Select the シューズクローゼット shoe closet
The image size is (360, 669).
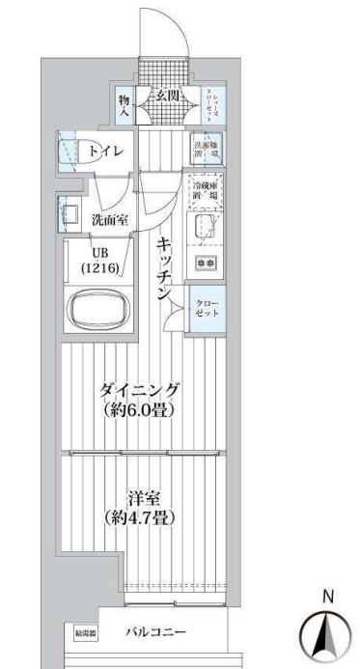pyautogui.click(x=210, y=103)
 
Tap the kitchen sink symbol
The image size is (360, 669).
pyautogui.click(x=204, y=227)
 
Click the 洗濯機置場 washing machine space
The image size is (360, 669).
pyautogui.click(x=206, y=146)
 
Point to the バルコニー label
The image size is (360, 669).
pyautogui.click(x=155, y=632)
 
